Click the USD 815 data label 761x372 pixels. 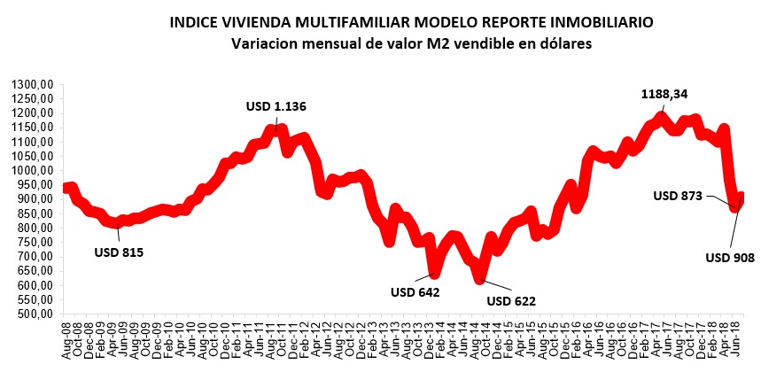point(119,252)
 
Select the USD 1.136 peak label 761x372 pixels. point(276,106)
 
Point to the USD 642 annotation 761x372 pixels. point(415,291)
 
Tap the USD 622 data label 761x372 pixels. point(512,299)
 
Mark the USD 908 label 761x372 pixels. point(729,258)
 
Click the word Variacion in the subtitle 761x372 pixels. point(264,42)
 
